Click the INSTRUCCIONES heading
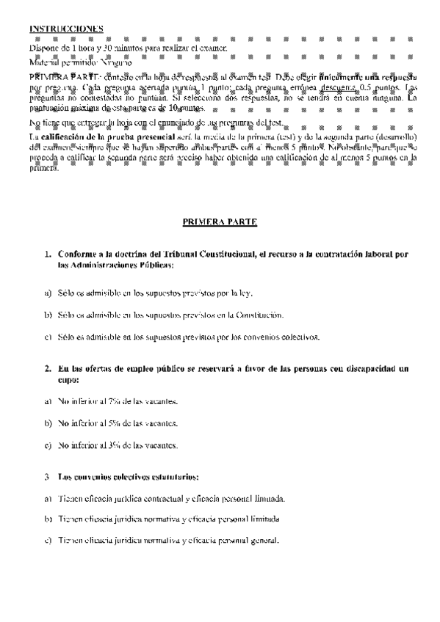pos(66,29)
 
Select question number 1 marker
pos(48,254)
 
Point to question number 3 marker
pos(48,478)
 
